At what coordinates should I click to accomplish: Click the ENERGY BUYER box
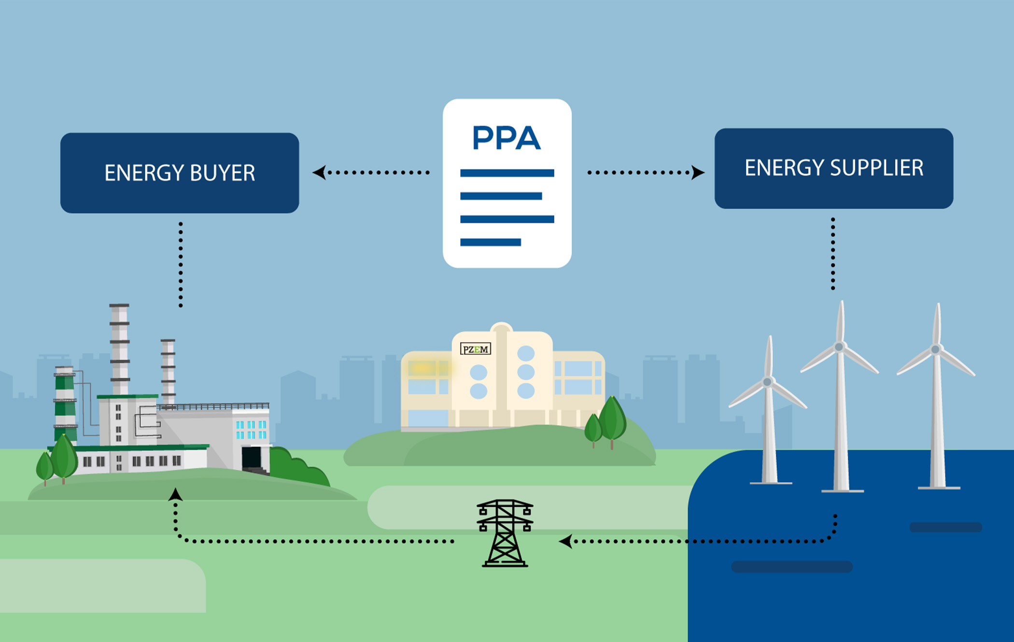[x=180, y=173]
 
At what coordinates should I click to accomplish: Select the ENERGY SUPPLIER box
[x=833, y=168]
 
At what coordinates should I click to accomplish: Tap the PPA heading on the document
[x=506, y=138]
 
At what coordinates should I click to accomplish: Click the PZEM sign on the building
[x=476, y=349]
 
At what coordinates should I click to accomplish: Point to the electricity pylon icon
[x=505, y=533]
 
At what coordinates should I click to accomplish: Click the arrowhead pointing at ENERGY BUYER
[x=319, y=172]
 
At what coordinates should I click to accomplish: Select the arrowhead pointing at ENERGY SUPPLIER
[x=698, y=172]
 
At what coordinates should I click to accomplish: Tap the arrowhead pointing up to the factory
[x=175, y=494]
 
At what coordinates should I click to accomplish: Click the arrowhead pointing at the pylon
[x=565, y=541]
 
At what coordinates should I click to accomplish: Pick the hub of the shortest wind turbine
[x=767, y=382]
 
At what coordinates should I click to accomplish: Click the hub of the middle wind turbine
[x=839, y=347]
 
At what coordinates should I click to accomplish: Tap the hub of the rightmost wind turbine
[x=935, y=349]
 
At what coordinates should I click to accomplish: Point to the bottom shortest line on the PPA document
[x=490, y=242]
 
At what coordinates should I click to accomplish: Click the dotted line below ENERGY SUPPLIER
[x=833, y=253]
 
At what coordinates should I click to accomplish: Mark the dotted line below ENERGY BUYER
[x=181, y=265]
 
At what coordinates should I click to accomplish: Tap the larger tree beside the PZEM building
[x=612, y=418]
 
